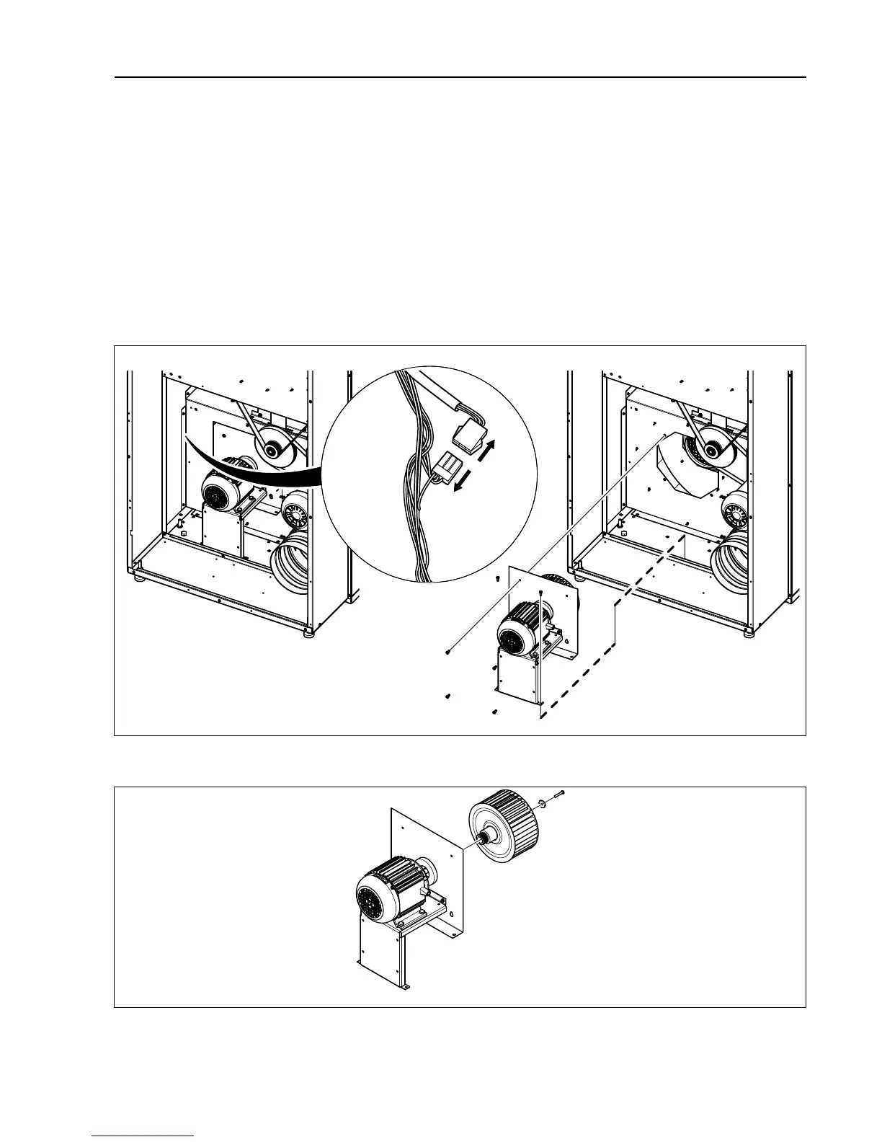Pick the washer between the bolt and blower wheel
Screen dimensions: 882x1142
click(x=541, y=801)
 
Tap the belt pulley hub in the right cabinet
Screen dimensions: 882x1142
click(x=711, y=451)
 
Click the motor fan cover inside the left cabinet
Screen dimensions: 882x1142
click(x=215, y=493)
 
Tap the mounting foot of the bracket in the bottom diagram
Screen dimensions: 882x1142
click(x=404, y=987)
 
